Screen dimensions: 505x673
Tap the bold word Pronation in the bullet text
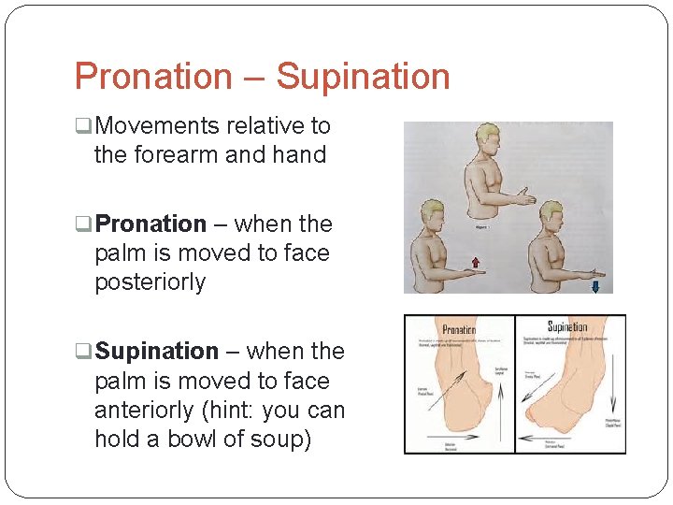point(150,224)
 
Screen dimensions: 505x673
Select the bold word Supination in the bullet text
point(157,352)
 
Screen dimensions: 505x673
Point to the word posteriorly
point(150,282)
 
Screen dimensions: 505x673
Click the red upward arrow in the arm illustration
point(474,263)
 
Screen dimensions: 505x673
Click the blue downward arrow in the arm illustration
point(595,286)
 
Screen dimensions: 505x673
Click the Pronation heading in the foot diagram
point(458,329)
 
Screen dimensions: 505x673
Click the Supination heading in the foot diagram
point(566,327)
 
